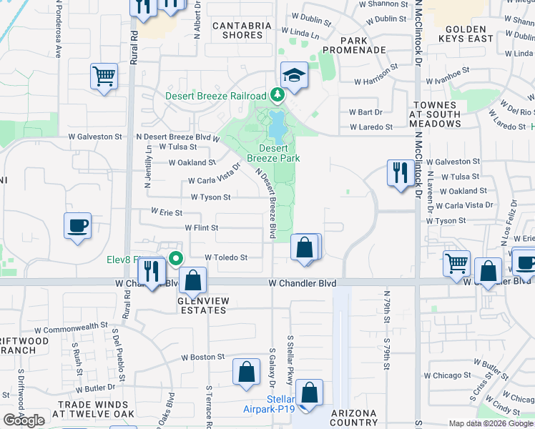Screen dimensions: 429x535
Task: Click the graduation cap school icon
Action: pyautogui.click(x=293, y=75)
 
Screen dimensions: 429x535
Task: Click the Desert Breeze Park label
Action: pyautogui.click(x=273, y=153)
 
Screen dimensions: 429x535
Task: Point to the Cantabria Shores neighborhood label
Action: pyautogui.click(x=242, y=31)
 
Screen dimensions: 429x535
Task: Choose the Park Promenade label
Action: pyautogui.click(x=354, y=45)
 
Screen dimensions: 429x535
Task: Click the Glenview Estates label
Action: pyautogui.click(x=202, y=306)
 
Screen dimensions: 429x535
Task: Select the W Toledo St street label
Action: pyautogui.click(x=226, y=257)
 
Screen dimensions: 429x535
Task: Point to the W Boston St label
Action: pyautogui.click(x=202, y=357)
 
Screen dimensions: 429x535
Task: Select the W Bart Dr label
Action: pyautogui.click(x=365, y=112)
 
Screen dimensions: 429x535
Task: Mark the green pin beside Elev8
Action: pyautogui.click(x=175, y=259)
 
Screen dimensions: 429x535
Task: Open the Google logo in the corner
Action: pyautogui.click(x=24, y=420)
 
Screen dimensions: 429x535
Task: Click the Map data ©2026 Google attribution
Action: pyautogui.click(x=491, y=423)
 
